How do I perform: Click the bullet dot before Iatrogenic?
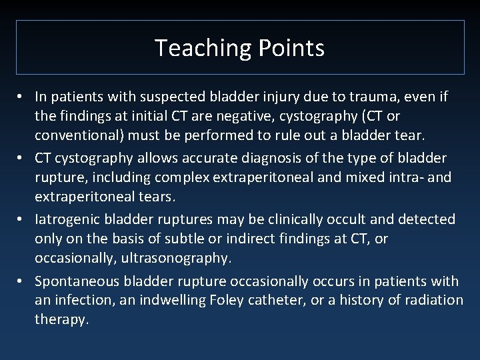coord(21,219)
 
